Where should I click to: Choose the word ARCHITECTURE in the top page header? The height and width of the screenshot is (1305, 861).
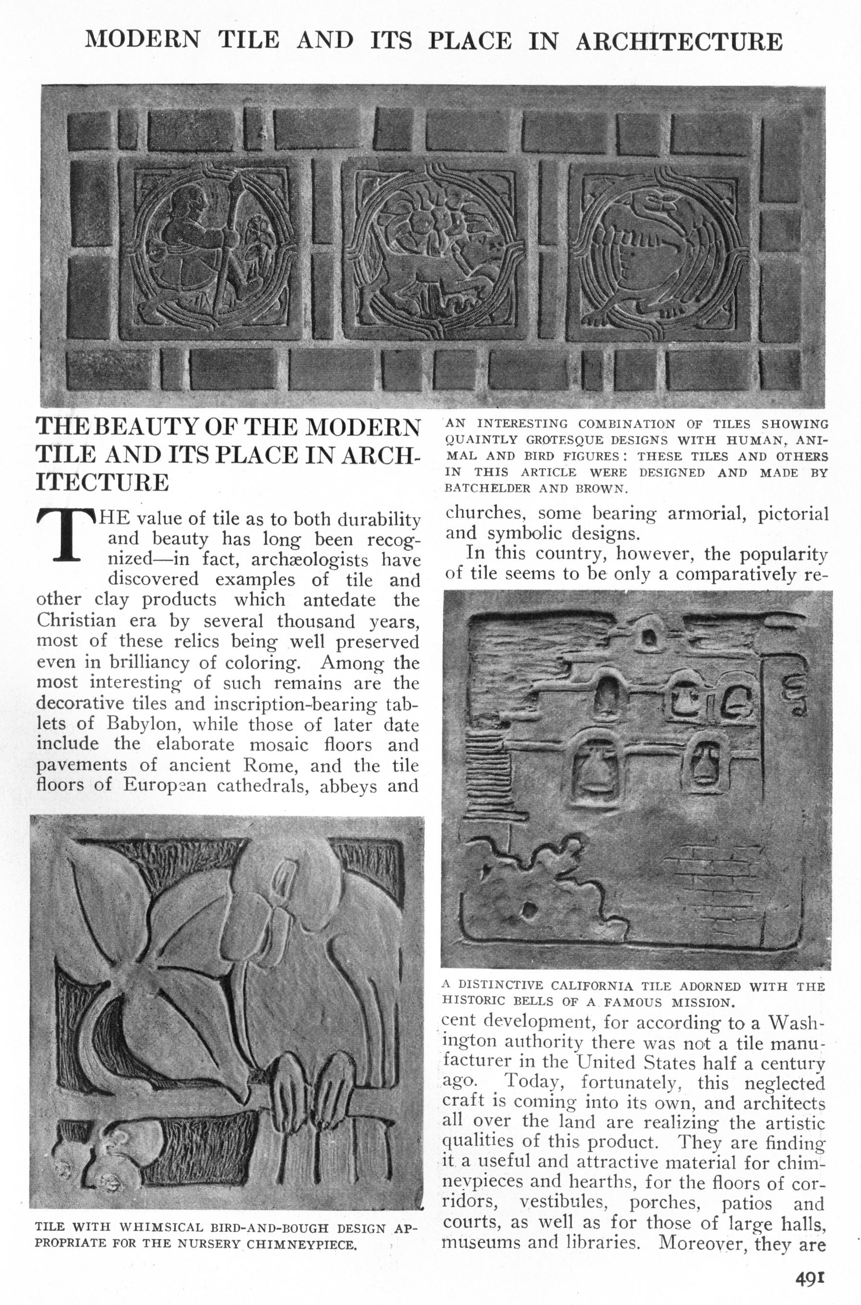(x=679, y=41)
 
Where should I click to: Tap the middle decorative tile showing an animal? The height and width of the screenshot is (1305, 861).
(x=433, y=251)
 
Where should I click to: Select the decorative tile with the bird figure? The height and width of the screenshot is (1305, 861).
(x=659, y=251)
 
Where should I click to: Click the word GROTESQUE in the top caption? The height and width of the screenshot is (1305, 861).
(x=555, y=440)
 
